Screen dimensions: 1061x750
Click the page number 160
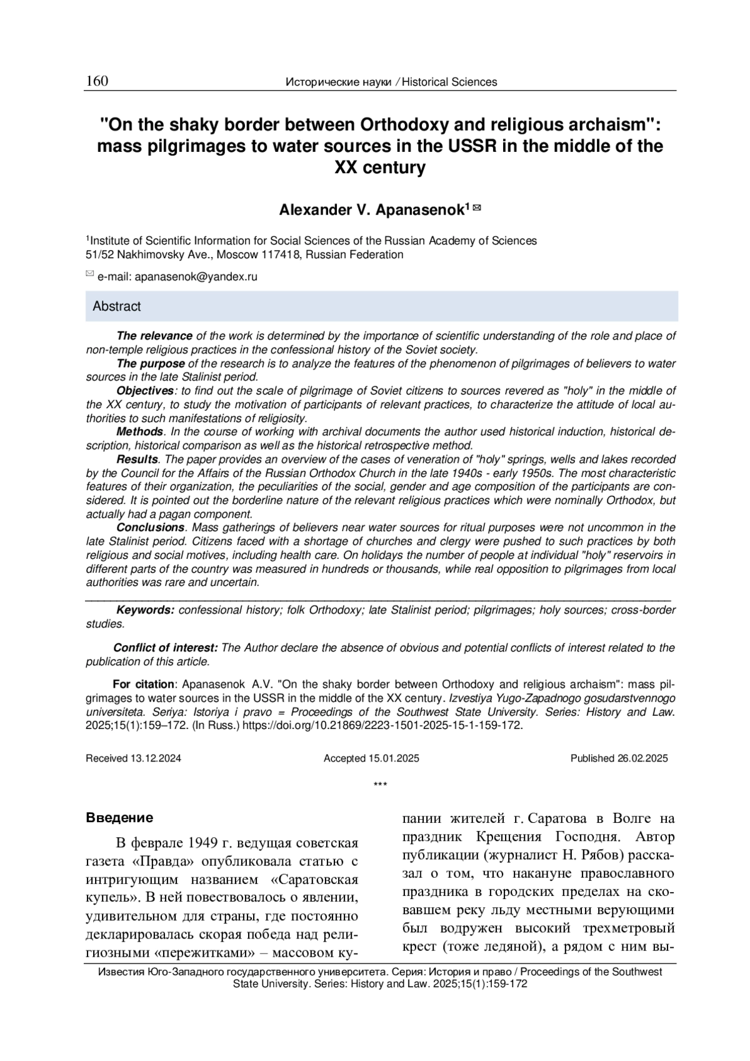pyautogui.click(x=97, y=81)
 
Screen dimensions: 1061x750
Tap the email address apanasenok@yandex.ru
pyautogui.click(x=196, y=276)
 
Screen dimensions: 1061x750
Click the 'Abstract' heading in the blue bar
pyautogui.click(x=117, y=306)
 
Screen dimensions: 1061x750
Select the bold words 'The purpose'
pyautogui.click(x=151, y=363)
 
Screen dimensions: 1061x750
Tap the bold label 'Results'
pyautogui.click(x=137, y=460)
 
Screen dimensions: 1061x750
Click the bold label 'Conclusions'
pyautogui.click(x=151, y=527)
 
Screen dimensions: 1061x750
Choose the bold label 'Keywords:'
pyautogui.click(x=146, y=610)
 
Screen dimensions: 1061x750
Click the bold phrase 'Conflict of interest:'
pyautogui.click(x=166, y=648)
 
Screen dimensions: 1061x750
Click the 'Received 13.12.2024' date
pyautogui.click(x=133, y=758)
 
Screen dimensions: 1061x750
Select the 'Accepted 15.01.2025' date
pyautogui.click(x=371, y=758)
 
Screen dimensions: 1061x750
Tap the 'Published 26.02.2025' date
pyautogui.click(x=619, y=758)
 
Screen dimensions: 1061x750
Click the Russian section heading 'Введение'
pyautogui.click(x=119, y=818)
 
